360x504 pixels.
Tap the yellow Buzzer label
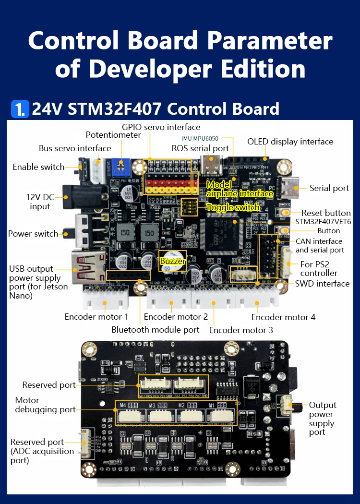[x=172, y=261]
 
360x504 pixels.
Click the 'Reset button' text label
[x=326, y=213]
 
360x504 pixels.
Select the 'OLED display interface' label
[x=290, y=142]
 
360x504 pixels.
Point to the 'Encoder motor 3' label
[x=241, y=330]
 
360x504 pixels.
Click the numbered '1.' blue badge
[x=20, y=109]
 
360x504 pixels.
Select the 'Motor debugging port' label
[x=45, y=405]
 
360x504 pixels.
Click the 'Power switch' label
[x=33, y=234]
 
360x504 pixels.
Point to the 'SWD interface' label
[x=322, y=284]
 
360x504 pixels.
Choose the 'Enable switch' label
[x=38, y=167]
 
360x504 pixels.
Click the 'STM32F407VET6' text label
[x=323, y=222]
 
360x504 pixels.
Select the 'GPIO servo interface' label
[x=161, y=127]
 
